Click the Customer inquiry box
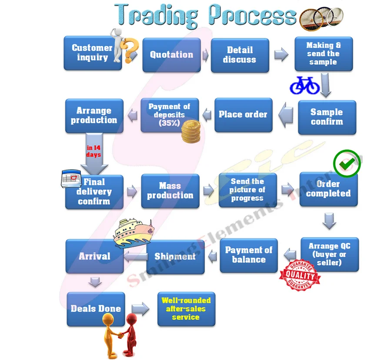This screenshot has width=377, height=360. tap(89, 53)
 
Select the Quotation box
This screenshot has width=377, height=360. tap(171, 55)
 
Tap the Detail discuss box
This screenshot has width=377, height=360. tap(240, 55)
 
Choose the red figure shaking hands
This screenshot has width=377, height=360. tap(130, 333)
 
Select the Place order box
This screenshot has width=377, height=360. tap(243, 115)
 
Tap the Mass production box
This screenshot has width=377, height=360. tap(170, 191)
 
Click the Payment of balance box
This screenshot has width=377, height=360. tap(248, 255)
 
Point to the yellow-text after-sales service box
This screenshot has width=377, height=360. tap(186, 309)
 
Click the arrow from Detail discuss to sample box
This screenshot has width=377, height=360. tap(281, 55)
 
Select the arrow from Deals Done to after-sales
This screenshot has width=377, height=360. tap(140, 309)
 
